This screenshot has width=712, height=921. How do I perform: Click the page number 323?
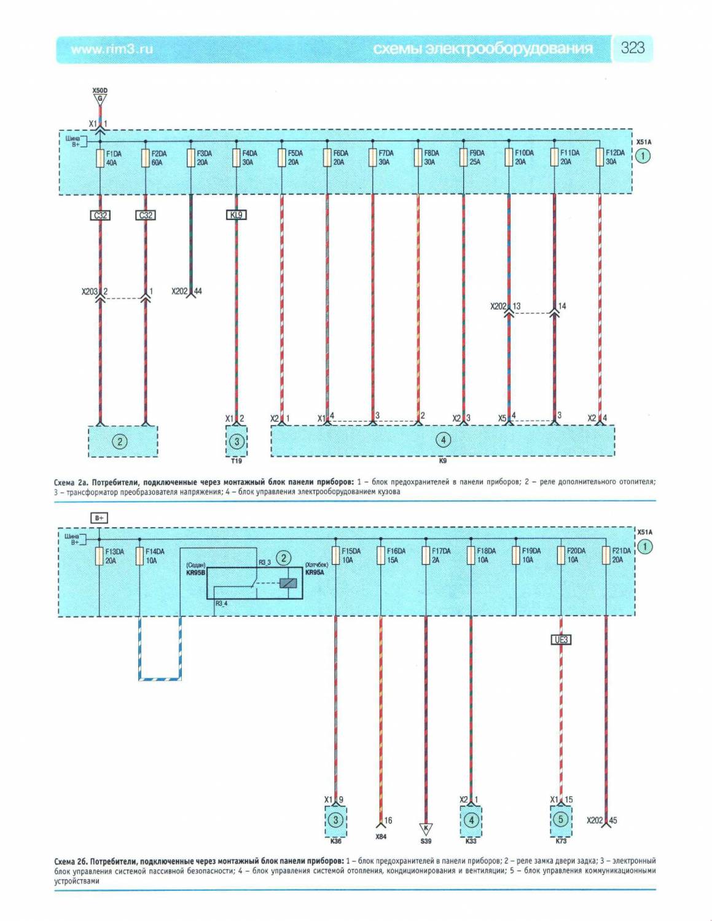click(632, 48)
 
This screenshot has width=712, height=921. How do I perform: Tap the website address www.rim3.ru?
click(111, 49)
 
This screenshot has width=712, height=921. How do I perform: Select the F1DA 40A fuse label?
click(113, 158)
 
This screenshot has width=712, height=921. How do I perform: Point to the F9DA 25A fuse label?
click(476, 158)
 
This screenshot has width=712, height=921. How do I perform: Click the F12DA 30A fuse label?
click(614, 158)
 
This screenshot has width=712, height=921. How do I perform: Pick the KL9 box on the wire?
click(237, 215)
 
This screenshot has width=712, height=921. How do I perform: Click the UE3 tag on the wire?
click(561, 640)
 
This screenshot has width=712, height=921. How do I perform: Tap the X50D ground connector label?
click(100, 91)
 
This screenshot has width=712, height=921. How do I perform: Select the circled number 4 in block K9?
click(442, 439)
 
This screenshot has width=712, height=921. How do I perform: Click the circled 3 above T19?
click(237, 441)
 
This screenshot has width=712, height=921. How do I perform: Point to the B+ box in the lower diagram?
click(100, 518)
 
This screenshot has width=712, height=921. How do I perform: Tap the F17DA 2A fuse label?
click(440, 555)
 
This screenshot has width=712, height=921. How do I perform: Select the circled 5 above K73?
click(560, 819)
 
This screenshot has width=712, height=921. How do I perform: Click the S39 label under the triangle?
click(425, 841)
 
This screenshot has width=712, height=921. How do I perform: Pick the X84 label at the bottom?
click(381, 836)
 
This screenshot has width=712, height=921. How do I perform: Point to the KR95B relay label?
click(195, 572)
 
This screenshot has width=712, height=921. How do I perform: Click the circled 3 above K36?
click(335, 820)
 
